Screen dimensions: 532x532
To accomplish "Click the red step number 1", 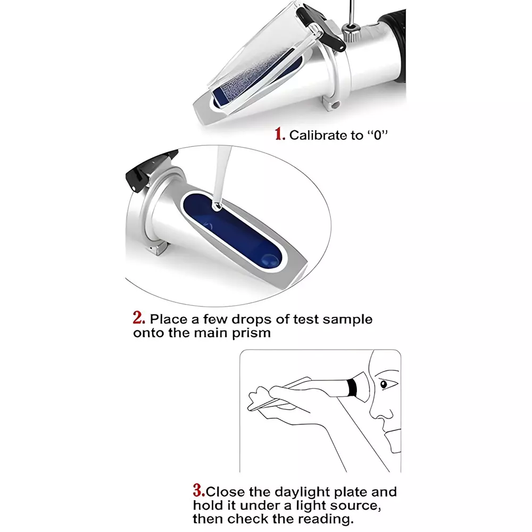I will [280, 134].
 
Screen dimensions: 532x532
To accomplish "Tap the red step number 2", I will [139, 319].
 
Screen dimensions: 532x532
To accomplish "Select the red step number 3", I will [198, 490].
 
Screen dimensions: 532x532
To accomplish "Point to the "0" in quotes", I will [377, 135].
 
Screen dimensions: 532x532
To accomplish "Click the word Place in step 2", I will [170, 319].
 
